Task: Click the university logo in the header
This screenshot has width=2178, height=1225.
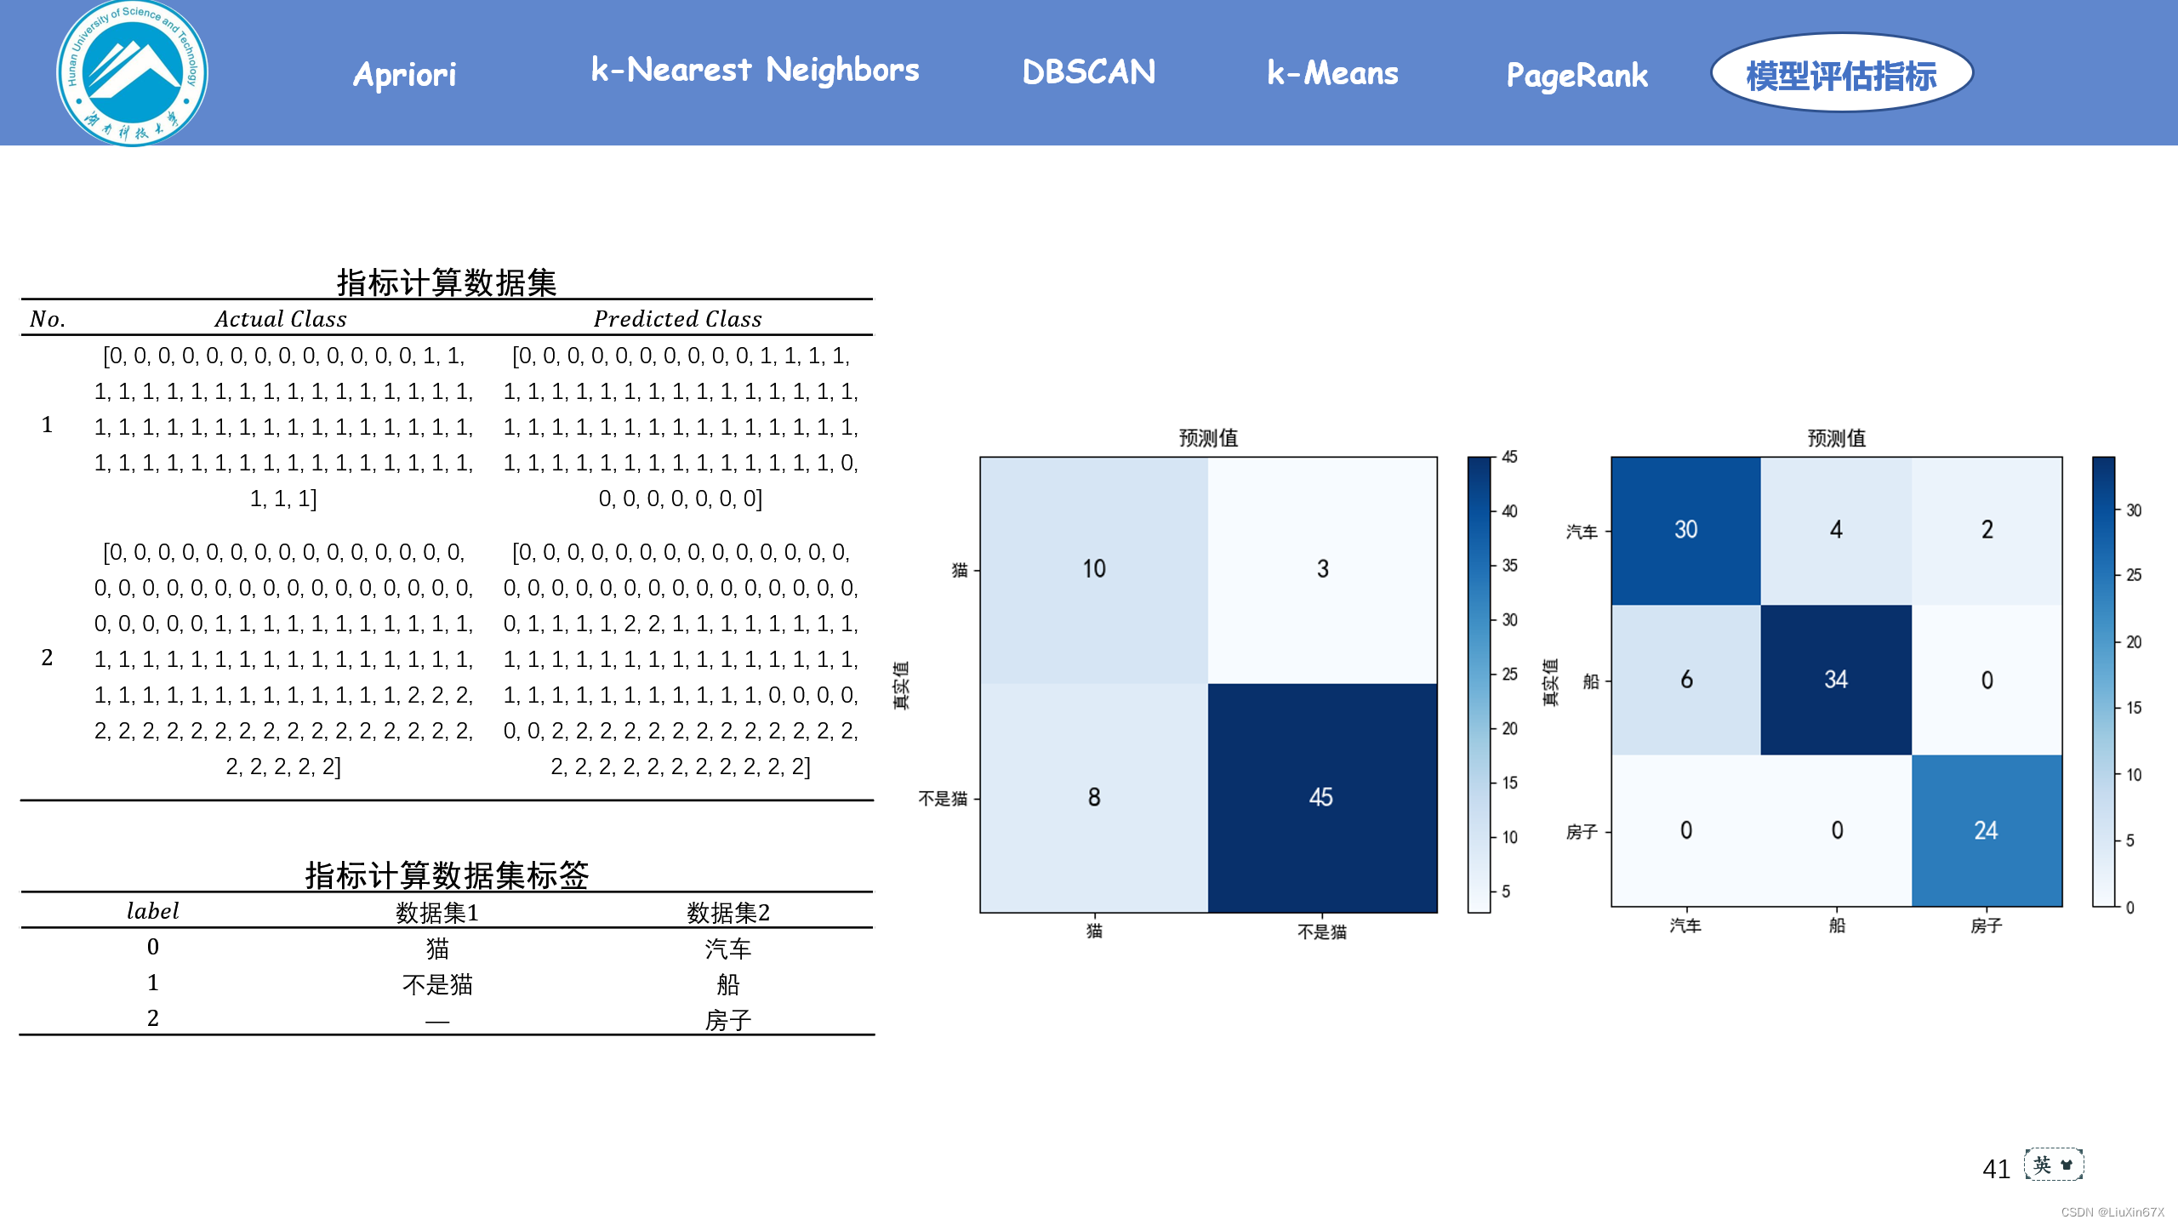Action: tap(132, 73)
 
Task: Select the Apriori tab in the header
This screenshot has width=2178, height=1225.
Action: tap(405, 75)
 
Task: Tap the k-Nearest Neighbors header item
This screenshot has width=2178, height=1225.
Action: tap(755, 70)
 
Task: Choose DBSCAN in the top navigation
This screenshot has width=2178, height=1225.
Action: tap(1088, 72)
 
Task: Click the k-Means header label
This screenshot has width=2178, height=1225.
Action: tap(1332, 73)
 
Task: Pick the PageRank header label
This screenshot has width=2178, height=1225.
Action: tap(1576, 75)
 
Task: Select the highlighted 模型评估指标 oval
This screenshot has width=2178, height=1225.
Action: tap(1841, 75)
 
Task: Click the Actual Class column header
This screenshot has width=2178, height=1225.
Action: tap(281, 319)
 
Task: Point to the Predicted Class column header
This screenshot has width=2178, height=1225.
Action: tap(677, 319)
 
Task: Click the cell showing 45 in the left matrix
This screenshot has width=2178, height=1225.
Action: tap(1321, 797)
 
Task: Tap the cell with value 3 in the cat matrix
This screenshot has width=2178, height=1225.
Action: tap(1322, 569)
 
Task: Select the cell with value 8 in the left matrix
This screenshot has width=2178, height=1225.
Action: tap(1094, 797)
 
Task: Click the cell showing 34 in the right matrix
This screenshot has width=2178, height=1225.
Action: tap(1836, 680)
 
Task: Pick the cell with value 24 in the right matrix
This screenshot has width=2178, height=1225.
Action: tap(1986, 830)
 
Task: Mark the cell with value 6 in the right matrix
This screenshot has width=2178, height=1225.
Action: tap(1686, 680)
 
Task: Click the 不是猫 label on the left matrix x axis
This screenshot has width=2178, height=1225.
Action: tap(1321, 932)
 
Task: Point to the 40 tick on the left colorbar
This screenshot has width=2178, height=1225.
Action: tap(1509, 511)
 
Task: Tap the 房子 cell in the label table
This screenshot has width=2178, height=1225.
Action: tap(727, 1019)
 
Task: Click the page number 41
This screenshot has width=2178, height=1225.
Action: tap(1996, 1169)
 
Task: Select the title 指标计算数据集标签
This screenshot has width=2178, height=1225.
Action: tap(447, 875)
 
